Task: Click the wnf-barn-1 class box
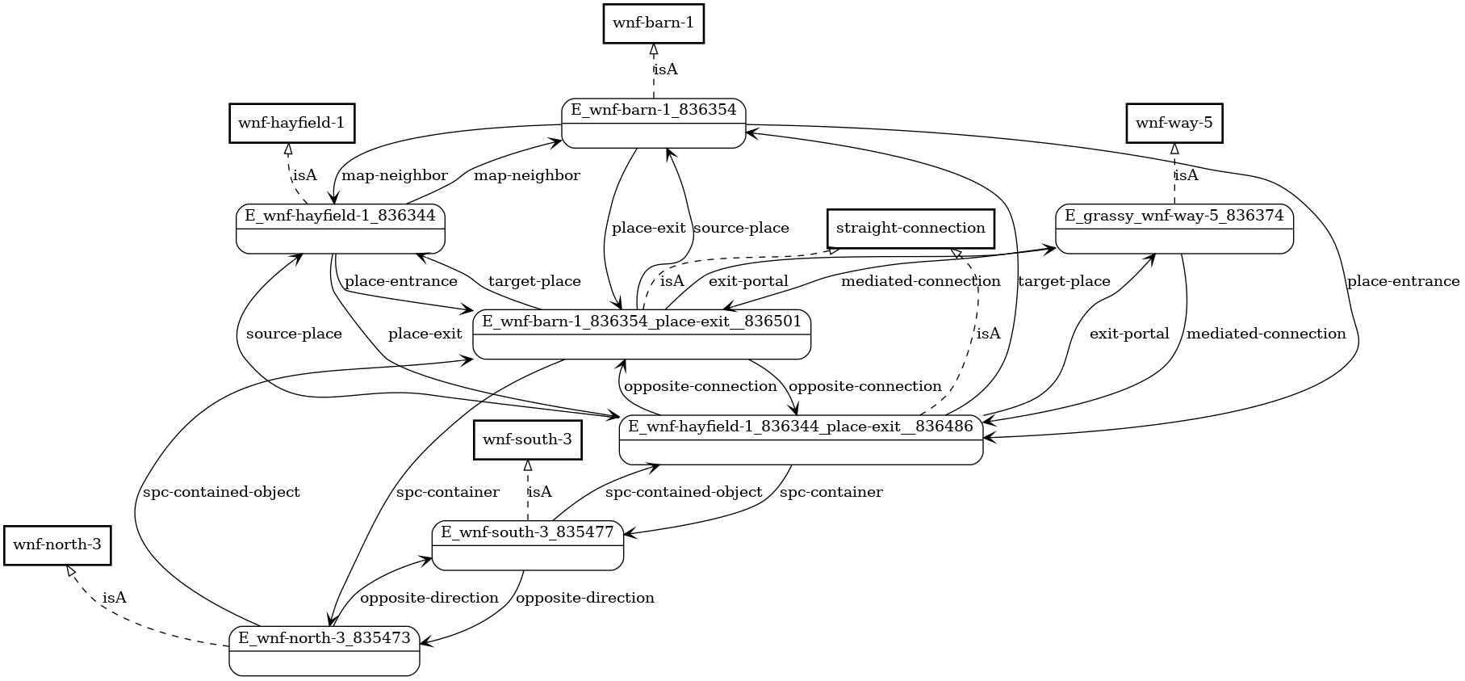[x=654, y=23]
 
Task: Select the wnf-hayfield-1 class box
[x=291, y=124]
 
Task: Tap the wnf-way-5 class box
[x=1174, y=124]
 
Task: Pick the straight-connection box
[x=910, y=229]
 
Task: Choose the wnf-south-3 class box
[x=527, y=440]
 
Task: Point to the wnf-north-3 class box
[x=57, y=545]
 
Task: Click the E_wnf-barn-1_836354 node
[x=653, y=123]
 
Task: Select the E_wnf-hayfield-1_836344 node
[x=340, y=229]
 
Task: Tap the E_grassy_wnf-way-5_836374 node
[x=1174, y=229]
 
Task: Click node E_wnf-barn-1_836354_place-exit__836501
[x=642, y=334]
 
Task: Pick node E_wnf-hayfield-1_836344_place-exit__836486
[x=801, y=439]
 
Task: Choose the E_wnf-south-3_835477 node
[x=528, y=545]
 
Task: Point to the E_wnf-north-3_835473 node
[x=324, y=650]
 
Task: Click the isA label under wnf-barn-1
[x=665, y=69]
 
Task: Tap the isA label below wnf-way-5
[x=1186, y=175]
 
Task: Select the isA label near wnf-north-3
[x=115, y=598]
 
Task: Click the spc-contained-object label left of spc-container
[x=221, y=492]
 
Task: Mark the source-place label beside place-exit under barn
[x=741, y=229]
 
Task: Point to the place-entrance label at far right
[x=1403, y=281]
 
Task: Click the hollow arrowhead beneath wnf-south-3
[x=527, y=465]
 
